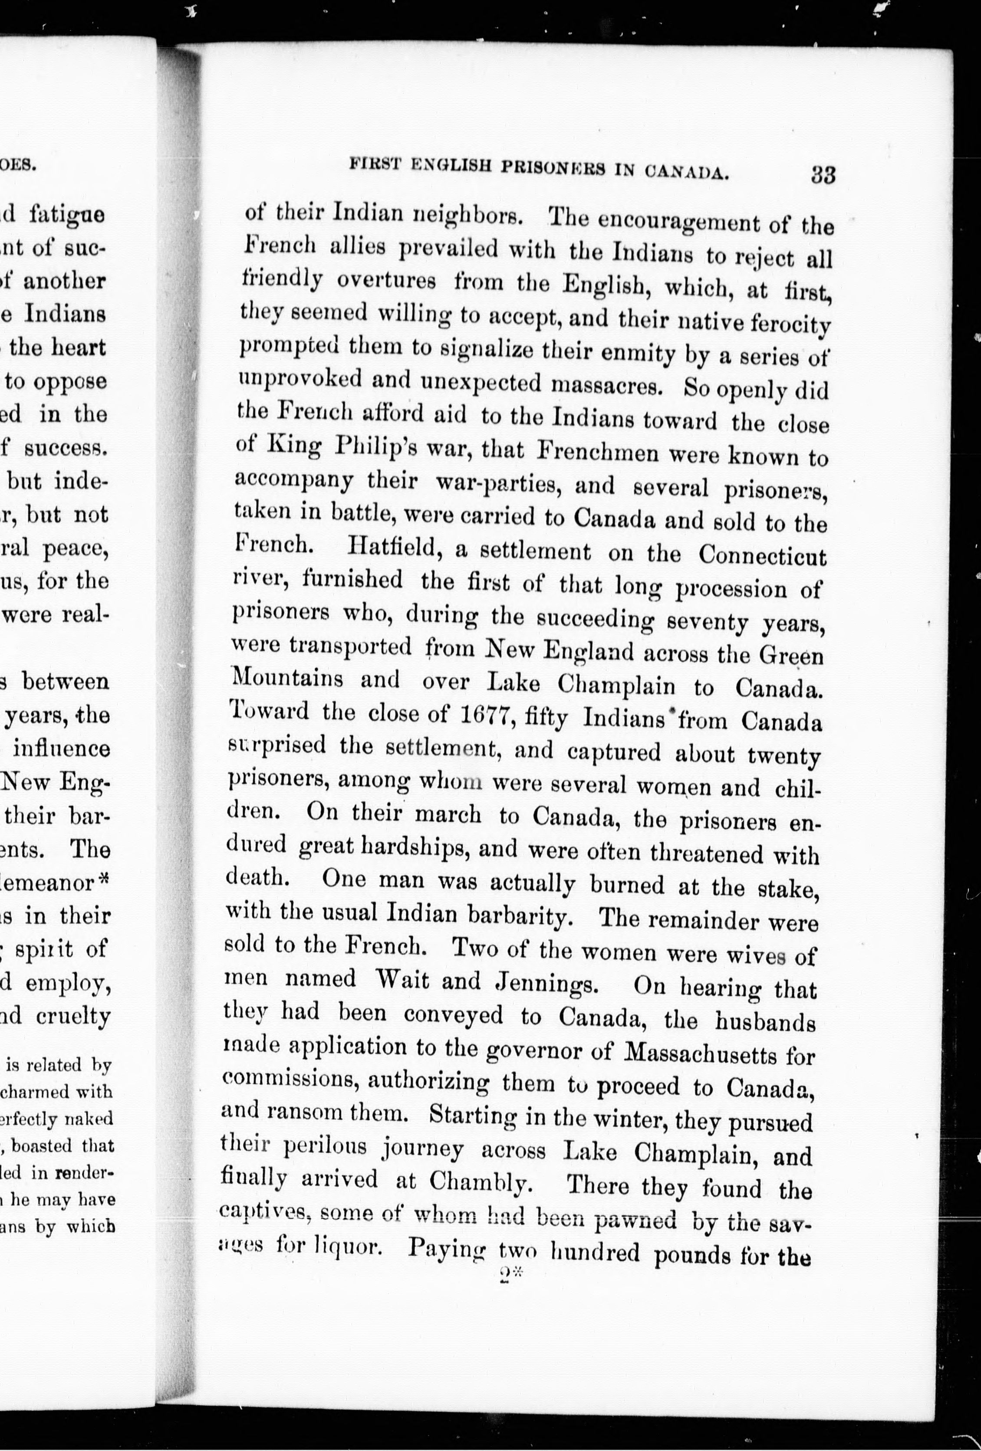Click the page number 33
pyautogui.click(x=823, y=174)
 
